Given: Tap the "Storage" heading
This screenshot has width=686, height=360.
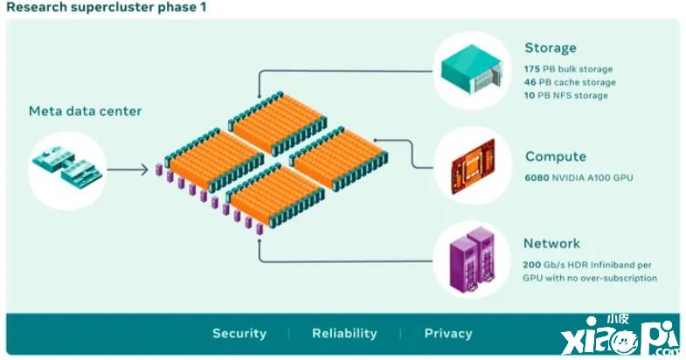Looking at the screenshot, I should click(x=551, y=48).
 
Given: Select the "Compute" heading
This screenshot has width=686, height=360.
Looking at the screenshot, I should click(x=556, y=157).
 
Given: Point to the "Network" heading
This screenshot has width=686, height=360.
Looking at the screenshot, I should click(x=551, y=244).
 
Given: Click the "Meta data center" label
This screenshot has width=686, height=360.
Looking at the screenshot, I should click(x=85, y=111).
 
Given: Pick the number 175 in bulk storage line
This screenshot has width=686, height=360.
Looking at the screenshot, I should click(x=532, y=69).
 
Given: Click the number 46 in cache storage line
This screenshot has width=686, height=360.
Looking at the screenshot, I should click(x=530, y=82).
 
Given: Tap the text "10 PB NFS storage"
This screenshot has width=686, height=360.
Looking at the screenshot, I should click(x=566, y=95).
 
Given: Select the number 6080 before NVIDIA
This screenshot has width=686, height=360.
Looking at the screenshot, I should click(x=537, y=178).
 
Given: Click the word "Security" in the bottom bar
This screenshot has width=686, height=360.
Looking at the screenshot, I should click(x=239, y=334).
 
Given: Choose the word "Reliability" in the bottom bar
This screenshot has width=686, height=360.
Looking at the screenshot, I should click(x=344, y=334).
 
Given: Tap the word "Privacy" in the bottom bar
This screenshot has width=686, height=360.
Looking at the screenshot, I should click(x=448, y=334).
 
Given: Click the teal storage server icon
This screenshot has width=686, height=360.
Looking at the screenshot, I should click(x=473, y=69).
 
